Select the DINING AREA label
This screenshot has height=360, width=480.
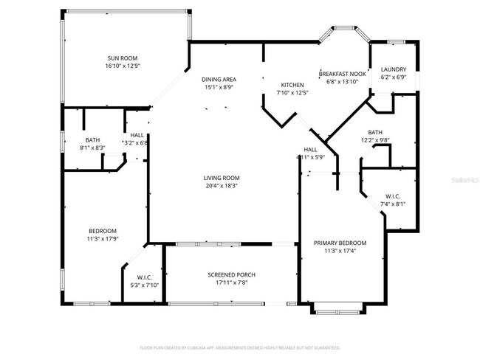tap(219, 79)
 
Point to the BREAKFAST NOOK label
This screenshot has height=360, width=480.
tap(342, 74)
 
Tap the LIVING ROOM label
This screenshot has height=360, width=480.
tap(222, 178)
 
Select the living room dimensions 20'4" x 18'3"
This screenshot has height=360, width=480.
tap(222, 186)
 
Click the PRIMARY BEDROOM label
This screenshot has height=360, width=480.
tap(340, 243)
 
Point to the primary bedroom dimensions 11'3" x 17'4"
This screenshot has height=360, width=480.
tap(340, 251)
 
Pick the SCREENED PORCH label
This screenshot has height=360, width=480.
tap(231, 275)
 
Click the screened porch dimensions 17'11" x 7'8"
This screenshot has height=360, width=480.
tap(231, 283)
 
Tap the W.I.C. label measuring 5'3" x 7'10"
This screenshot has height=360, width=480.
tap(144, 277)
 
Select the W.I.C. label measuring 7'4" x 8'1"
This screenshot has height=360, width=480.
tap(391, 196)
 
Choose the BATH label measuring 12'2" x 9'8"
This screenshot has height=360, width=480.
tap(375, 132)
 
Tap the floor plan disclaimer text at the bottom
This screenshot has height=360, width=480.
tap(240, 346)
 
